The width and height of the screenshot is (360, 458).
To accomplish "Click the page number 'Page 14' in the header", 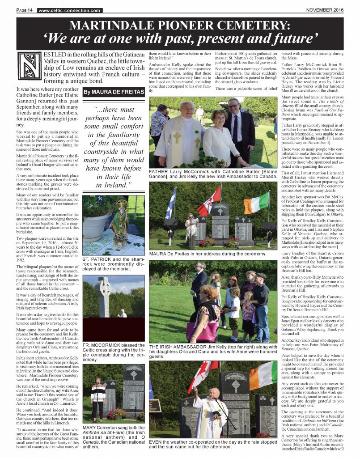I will pos(25,10).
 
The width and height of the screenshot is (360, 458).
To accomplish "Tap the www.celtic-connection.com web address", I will pos(70,10).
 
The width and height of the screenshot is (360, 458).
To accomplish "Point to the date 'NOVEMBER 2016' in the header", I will pos(324,10).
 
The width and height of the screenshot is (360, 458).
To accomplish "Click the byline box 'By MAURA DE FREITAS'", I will pos(113,93).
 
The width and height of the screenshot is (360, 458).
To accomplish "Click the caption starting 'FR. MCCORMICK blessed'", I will pos(113,352).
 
